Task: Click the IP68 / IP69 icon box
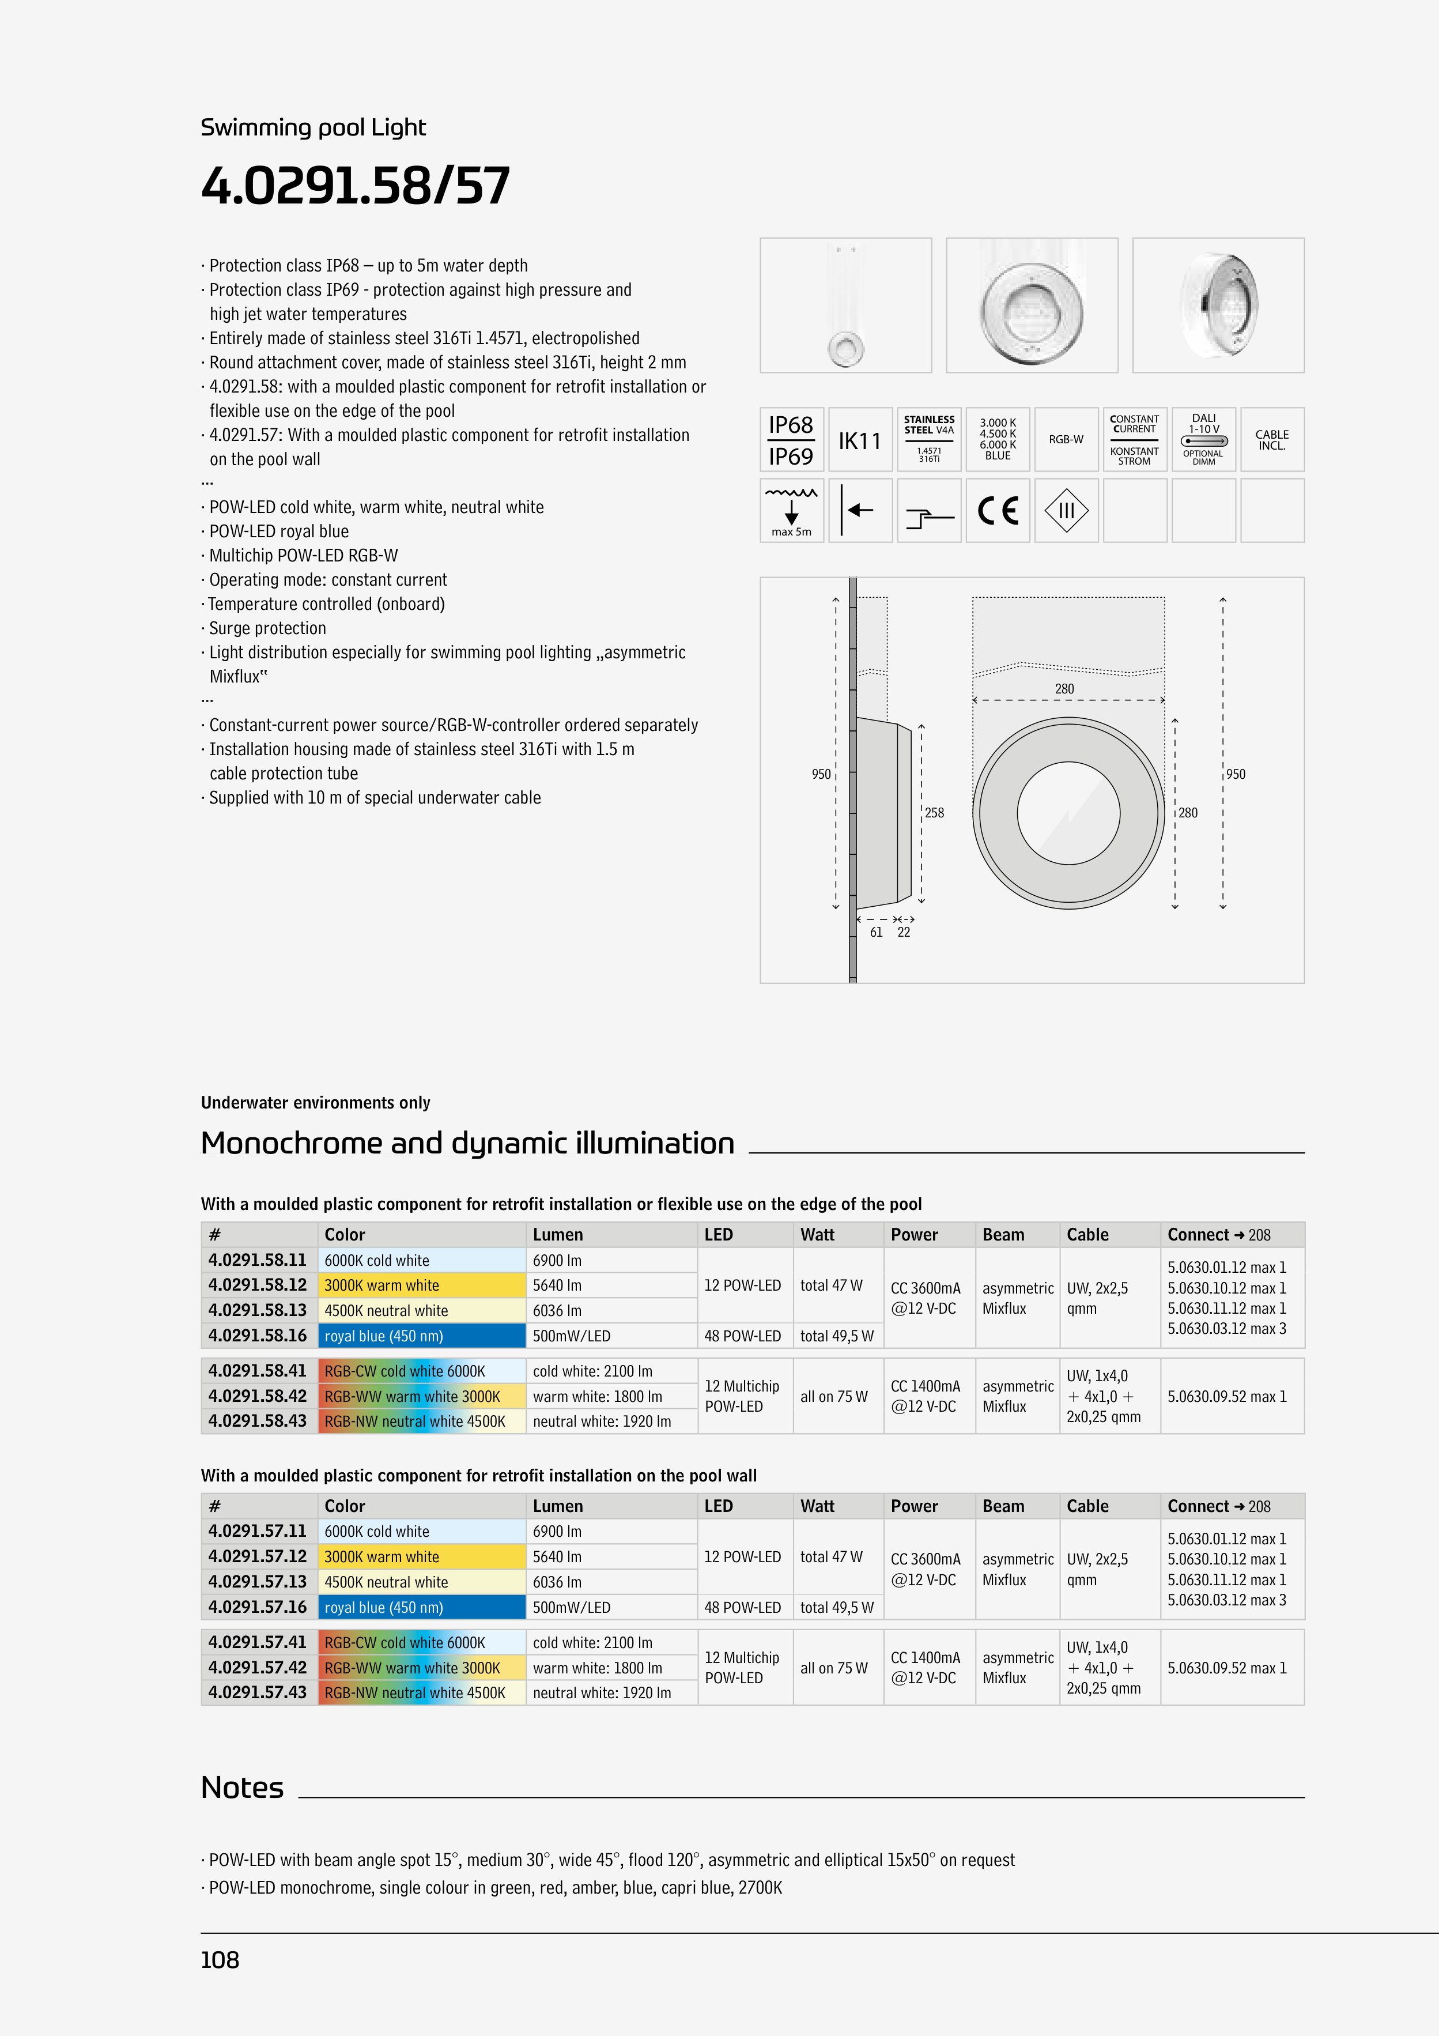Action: (791, 440)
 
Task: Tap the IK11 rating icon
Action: (860, 440)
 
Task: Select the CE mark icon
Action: (998, 511)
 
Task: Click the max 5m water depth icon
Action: (791, 511)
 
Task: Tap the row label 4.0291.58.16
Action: (257, 1336)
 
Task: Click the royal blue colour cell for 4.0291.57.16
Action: (421, 1607)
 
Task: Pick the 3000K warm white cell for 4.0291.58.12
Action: (421, 1285)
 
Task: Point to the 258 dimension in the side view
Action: (935, 812)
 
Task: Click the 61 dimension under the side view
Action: (876, 932)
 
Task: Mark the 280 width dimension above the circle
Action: (1064, 689)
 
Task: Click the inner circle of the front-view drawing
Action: (1068, 812)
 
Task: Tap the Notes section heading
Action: (242, 1787)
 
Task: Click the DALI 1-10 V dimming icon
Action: (1203, 440)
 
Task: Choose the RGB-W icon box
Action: (1066, 440)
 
